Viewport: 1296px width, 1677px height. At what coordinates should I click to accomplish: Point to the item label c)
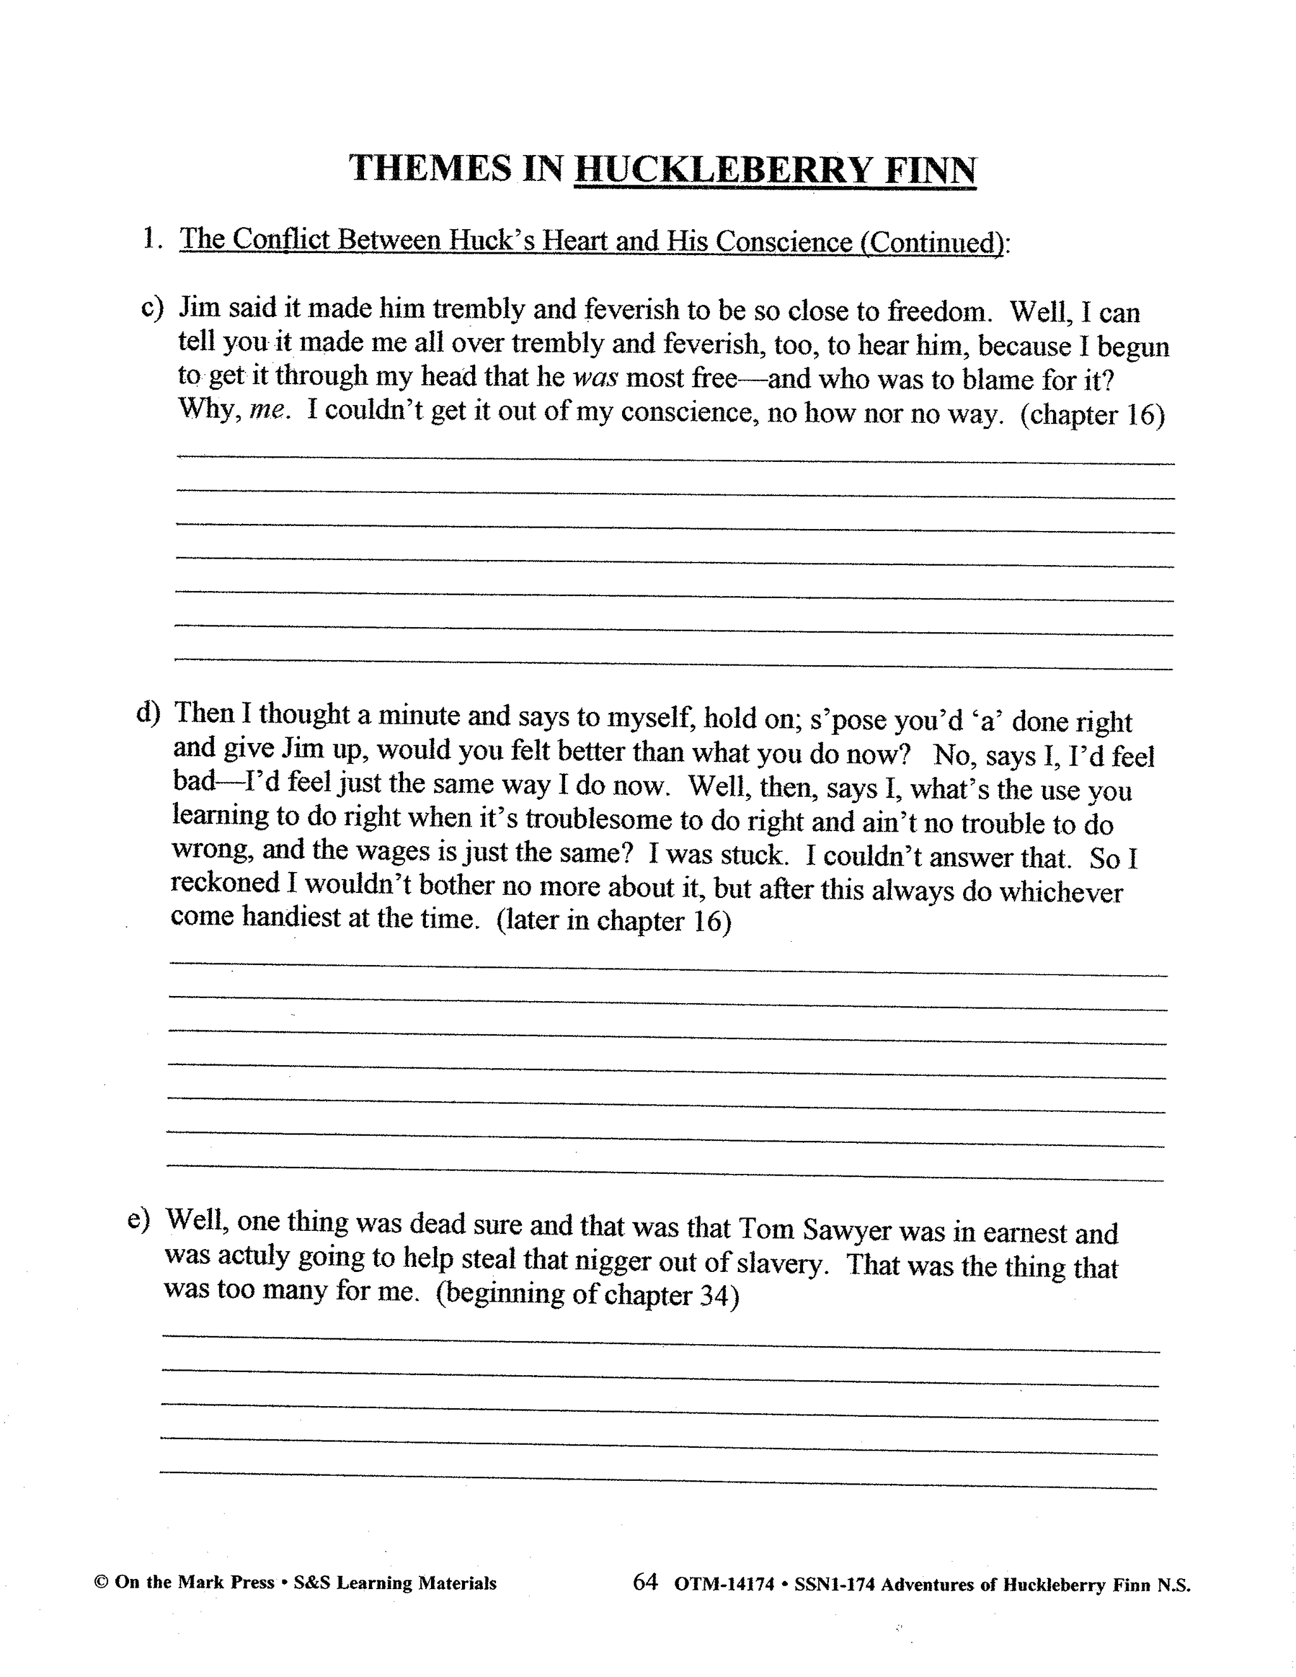(153, 308)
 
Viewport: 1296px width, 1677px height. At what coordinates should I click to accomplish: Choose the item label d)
(147, 713)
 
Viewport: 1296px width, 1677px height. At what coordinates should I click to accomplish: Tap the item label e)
(140, 1220)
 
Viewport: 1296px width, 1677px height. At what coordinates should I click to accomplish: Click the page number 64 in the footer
(645, 1581)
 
